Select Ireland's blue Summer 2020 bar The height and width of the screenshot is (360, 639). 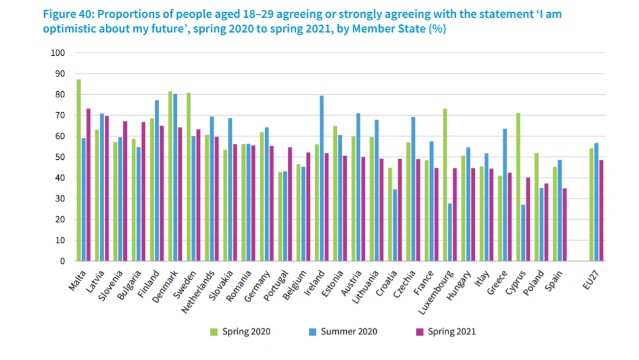pyautogui.click(x=322, y=178)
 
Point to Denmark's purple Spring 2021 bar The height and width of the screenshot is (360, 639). pyautogui.click(x=180, y=194)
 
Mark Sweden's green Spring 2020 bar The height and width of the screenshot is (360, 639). pyautogui.click(x=189, y=177)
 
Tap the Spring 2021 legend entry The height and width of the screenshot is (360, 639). pyautogui.click(x=445, y=332)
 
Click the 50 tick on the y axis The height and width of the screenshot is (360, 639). pyautogui.click(x=59, y=157)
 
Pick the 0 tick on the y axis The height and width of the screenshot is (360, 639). pyautogui.click(x=61, y=261)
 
